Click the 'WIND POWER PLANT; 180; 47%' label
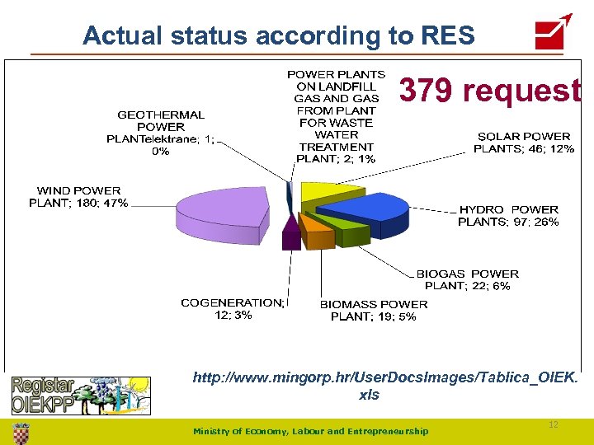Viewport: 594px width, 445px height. tap(78, 197)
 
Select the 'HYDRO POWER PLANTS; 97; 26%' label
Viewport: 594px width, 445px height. tap(508, 215)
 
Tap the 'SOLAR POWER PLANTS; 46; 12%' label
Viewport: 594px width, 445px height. tap(524, 143)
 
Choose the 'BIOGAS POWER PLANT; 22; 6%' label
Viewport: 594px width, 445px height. tap(467, 279)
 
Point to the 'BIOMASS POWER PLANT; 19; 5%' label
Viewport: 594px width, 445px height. tap(374, 310)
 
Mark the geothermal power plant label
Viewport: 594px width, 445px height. tap(161, 133)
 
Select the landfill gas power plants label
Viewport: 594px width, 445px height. tap(336, 116)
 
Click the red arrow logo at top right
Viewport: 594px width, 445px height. tap(553, 31)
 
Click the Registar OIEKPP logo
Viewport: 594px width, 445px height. tap(80, 394)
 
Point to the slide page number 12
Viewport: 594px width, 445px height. tap(554, 424)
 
